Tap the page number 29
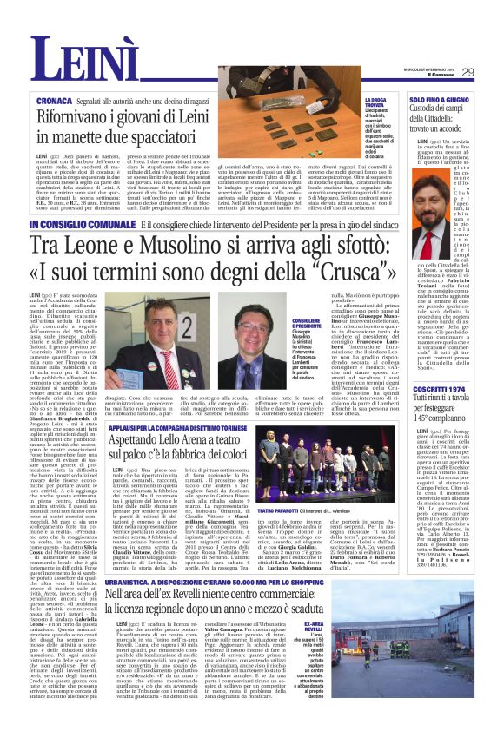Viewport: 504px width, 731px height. click(468, 72)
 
